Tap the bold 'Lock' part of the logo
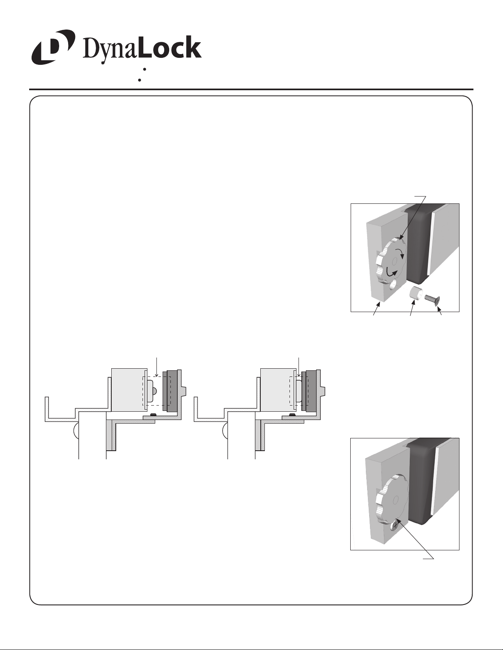coord(170,48)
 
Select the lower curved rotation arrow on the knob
coord(391,271)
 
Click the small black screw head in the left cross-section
coord(153,414)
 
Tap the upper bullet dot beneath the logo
coord(144,69)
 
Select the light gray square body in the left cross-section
coord(129,390)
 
